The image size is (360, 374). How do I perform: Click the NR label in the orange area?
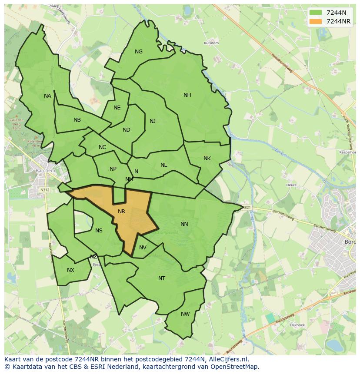click(x=121, y=212)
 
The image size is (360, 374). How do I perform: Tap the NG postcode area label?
click(x=139, y=52)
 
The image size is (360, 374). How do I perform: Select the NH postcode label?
click(x=187, y=95)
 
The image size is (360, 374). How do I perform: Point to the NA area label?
click(x=47, y=96)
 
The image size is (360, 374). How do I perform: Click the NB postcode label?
click(x=77, y=120)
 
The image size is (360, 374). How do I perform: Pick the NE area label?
click(x=117, y=108)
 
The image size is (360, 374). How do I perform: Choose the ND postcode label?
click(x=127, y=130)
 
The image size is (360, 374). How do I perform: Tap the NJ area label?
click(x=153, y=121)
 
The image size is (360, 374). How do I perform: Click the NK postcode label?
click(x=207, y=159)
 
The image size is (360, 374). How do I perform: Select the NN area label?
click(x=184, y=224)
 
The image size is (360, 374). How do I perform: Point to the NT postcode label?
click(x=162, y=278)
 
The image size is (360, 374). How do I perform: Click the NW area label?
click(x=185, y=314)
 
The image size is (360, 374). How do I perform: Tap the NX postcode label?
click(x=70, y=270)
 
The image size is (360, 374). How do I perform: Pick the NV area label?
click(x=143, y=248)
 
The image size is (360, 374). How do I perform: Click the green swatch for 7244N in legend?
click(x=316, y=13)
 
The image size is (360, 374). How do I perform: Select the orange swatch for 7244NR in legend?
click(x=316, y=21)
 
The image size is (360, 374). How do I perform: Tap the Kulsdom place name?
click(x=211, y=43)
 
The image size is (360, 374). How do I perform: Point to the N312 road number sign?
click(x=44, y=190)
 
